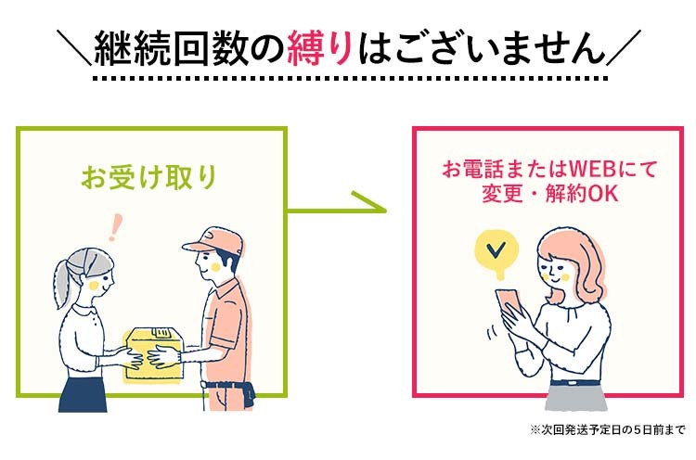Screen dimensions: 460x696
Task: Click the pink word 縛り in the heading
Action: [x=344, y=46]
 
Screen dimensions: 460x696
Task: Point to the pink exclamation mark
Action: [x=116, y=226]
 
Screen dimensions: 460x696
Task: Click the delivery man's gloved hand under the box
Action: [x=167, y=354]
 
